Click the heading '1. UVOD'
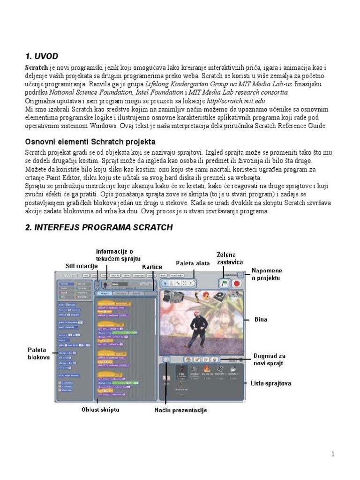click(41, 56)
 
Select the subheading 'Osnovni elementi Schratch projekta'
click(90, 142)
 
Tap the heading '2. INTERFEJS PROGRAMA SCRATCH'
click(98, 227)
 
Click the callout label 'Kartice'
click(152, 267)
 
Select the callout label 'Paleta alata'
click(193, 263)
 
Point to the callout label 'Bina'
click(261, 320)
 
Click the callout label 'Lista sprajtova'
click(271, 383)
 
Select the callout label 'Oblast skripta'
click(100, 410)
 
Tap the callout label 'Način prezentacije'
click(181, 410)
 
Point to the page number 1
click(333, 454)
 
